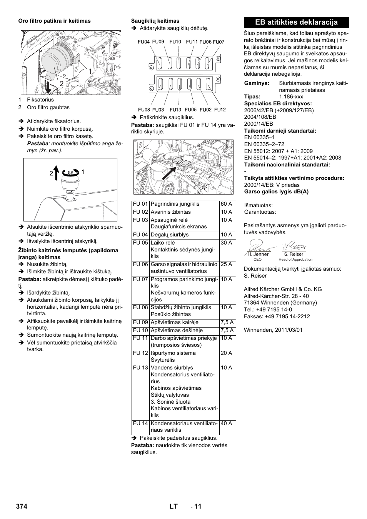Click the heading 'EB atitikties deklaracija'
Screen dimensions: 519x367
coord(296,22)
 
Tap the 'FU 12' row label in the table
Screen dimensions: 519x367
coord(140,353)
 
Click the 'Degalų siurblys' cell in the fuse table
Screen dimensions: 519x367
coord(170,235)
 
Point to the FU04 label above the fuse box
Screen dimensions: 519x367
coord(143,42)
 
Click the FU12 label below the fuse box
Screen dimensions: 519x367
coord(220,110)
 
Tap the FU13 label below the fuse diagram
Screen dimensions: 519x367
coord(175,110)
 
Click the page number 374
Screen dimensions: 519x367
coord(22,506)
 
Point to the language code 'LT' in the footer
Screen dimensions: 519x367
coord(173,506)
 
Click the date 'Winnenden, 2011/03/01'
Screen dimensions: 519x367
coord(273,330)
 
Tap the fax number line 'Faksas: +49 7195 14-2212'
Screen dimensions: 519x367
coord(277,316)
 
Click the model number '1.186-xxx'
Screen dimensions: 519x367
coord(291,96)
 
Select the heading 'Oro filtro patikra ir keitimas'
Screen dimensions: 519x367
coord(55,21)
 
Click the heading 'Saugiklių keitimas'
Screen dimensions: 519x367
coord(155,21)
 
